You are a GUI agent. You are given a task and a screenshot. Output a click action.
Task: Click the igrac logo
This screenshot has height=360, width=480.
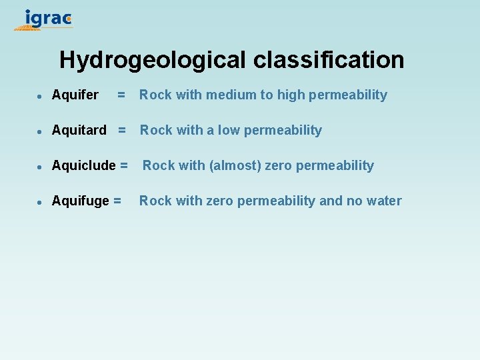[44, 19]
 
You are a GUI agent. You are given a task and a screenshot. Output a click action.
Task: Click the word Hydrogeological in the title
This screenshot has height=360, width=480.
[153, 60]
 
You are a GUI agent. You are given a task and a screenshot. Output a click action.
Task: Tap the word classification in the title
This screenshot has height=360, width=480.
[329, 60]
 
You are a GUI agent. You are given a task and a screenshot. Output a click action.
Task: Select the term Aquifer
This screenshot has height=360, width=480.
[75, 95]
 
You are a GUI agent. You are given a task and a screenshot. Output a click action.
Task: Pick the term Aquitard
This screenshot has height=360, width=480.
[79, 131]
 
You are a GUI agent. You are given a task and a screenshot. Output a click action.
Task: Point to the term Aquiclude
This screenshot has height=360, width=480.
[83, 166]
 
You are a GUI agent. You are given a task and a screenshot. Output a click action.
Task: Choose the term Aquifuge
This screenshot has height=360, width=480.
[81, 201]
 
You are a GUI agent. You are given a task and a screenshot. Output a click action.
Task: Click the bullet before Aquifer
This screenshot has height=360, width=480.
[40, 96]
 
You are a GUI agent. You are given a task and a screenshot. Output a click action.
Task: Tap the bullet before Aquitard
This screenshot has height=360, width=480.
[40, 131]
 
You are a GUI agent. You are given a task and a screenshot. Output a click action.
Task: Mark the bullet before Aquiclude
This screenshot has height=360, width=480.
[40, 167]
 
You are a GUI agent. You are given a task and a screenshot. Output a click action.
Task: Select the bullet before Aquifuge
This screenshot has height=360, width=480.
[40, 202]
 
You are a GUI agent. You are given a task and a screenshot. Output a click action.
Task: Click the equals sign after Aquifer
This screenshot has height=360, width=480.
[121, 95]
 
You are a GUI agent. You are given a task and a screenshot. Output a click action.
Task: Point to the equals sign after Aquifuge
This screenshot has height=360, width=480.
[117, 201]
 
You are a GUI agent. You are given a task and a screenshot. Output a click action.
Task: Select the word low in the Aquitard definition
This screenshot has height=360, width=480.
[228, 131]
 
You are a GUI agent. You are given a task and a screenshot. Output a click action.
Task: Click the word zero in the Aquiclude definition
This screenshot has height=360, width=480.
[279, 166]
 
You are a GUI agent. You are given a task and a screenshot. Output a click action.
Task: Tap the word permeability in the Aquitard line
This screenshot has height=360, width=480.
[283, 131]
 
